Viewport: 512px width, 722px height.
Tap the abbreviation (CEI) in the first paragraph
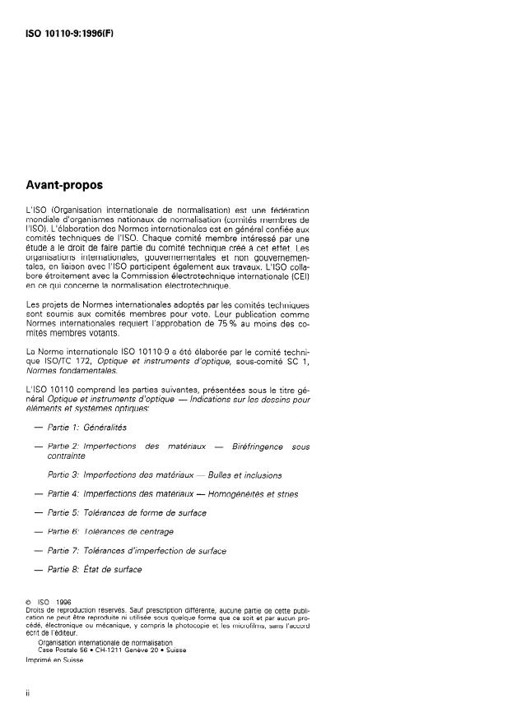pyautogui.click(x=300, y=278)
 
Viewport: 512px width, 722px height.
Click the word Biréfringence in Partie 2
pyautogui.click(x=261, y=446)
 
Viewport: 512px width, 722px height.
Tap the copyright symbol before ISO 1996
pyautogui.click(x=30, y=611)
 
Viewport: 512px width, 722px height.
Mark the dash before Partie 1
pyautogui.click(x=39, y=428)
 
